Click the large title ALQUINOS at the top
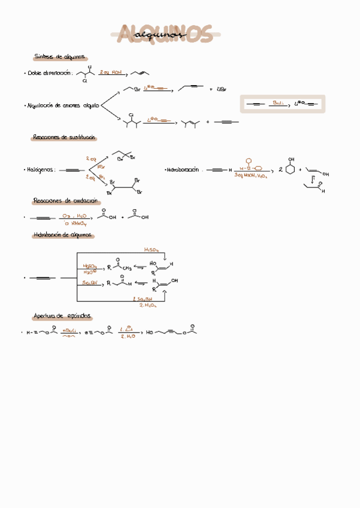click(x=165, y=34)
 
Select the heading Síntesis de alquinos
click(x=59, y=57)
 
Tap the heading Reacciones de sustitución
click(x=63, y=138)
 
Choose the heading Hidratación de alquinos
click(x=62, y=235)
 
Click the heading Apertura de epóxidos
click(x=62, y=316)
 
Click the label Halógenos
click(x=41, y=170)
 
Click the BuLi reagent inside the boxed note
click(x=277, y=103)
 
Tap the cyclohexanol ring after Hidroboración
click(x=291, y=170)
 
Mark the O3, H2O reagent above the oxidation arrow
click(x=74, y=214)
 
